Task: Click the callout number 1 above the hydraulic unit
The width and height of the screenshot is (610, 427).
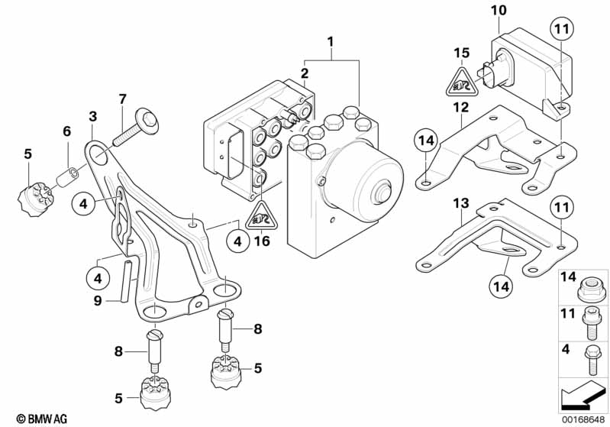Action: click(x=331, y=40)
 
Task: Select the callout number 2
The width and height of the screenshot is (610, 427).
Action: click(x=304, y=73)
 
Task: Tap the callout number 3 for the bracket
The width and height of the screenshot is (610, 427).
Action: click(x=93, y=117)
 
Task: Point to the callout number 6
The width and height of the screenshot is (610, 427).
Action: click(x=66, y=131)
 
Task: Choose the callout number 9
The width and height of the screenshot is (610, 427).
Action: click(x=98, y=301)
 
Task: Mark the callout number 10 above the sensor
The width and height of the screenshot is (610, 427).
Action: click(x=499, y=11)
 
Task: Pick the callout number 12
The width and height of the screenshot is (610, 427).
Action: click(x=460, y=109)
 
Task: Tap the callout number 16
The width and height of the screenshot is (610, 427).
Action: click(x=262, y=242)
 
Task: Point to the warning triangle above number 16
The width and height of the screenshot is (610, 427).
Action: click(x=262, y=216)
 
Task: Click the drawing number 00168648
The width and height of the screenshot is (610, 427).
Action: click(x=584, y=417)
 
